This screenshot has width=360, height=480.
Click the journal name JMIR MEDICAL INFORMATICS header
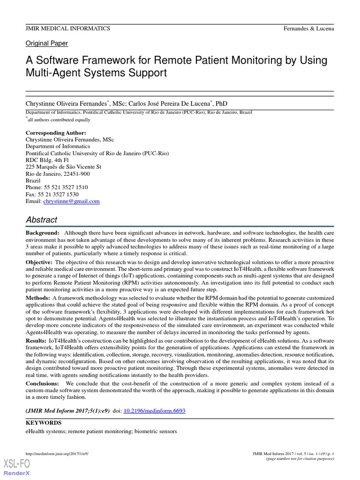[68, 29]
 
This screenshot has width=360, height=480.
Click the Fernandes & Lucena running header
[308, 29]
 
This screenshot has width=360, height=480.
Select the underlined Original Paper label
[46, 44]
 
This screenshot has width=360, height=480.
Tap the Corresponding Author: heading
[56, 133]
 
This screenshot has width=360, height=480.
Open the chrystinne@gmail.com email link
[71, 201]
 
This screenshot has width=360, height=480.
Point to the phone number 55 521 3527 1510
[66, 187]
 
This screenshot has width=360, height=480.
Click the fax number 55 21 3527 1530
[59, 194]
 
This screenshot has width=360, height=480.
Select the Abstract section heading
[41, 220]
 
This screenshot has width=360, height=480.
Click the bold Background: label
[43, 233]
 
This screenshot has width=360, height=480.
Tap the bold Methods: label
[37, 298]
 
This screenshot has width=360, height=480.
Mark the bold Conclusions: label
[42, 383]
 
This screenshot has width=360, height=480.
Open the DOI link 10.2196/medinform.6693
[154, 411]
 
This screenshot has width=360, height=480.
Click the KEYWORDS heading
[43, 422]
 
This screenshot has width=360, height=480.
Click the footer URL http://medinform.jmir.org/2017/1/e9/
[57, 454]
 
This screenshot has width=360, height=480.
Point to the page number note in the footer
[300, 459]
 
